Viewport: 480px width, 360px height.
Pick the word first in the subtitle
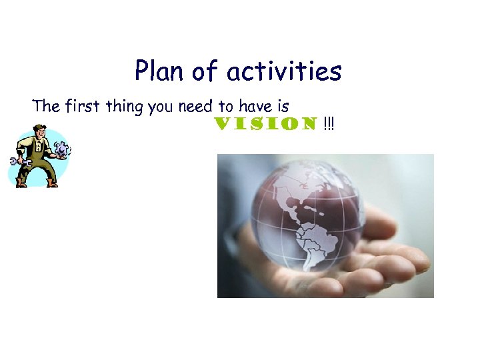83,106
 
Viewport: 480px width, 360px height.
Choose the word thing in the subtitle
127,107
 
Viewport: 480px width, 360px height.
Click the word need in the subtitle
196,106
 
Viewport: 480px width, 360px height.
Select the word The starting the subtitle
46,106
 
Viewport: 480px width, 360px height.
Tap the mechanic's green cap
37,128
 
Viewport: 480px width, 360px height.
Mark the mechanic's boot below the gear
52,182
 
